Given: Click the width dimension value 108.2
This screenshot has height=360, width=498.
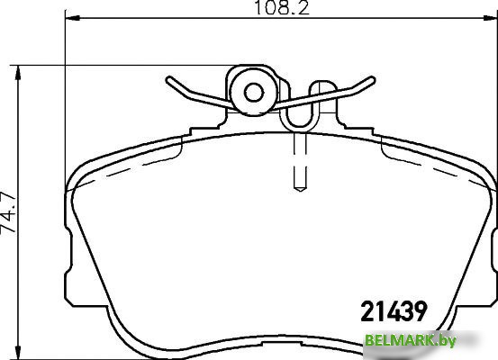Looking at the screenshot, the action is click(x=282, y=8).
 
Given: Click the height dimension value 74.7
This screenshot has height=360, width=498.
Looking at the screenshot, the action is click(x=8, y=212).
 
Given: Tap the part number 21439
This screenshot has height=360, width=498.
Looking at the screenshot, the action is click(x=394, y=311).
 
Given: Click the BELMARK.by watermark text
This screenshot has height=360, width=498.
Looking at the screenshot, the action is click(x=411, y=340).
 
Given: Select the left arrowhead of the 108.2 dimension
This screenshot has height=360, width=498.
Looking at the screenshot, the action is click(x=72, y=18).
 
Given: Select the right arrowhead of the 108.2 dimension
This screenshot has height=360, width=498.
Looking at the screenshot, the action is click(x=491, y=18).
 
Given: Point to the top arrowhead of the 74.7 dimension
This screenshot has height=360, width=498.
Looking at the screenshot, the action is click(x=18, y=73).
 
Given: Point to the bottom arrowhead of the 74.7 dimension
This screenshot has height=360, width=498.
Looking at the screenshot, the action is click(x=18, y=353).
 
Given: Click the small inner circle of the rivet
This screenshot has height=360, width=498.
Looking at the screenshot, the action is click(x=254, y=93).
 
